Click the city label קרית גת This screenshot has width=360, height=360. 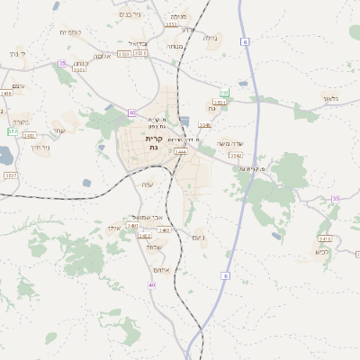click(x=153, y=143)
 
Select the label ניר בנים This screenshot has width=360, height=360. click(x=130, y=13)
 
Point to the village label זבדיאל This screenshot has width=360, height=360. click(x=138, y=42)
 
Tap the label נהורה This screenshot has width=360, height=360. click(x=22, y=121)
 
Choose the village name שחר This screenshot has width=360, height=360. click(x=58, y=130)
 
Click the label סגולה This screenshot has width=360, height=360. click(x=210, y=38)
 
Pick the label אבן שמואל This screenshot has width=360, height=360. click(x=144, y=217)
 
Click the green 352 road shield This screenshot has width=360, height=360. click(x=13, y=132)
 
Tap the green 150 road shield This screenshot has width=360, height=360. click(x=224, y=93)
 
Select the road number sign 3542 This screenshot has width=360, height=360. click(x=236, y=156)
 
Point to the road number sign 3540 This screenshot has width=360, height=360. click(x=205, y=125)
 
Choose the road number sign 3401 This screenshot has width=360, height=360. click(x=132, y=225)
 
